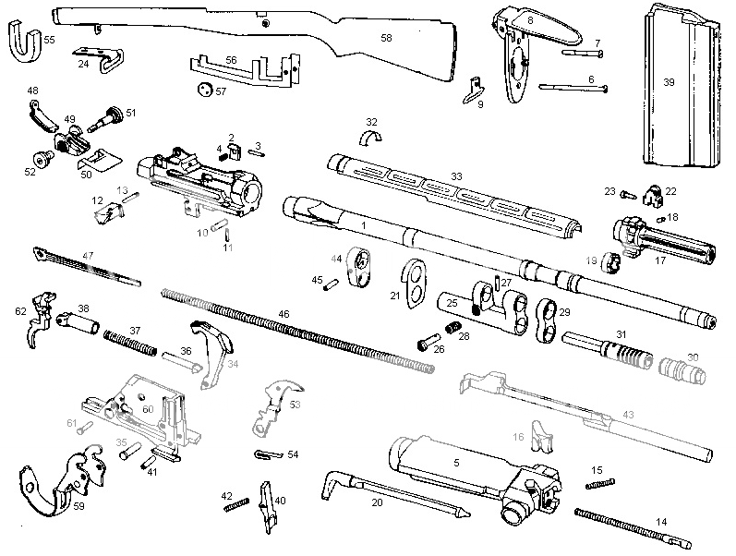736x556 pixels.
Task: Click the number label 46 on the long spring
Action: pos(284,315)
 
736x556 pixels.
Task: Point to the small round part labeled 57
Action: pos(204,91)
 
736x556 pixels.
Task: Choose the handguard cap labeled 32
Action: pos(372,139)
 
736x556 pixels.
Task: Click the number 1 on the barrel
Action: pos(364,225)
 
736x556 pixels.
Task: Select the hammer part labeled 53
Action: pos(273,405)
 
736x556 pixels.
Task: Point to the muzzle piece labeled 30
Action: pos(683,369)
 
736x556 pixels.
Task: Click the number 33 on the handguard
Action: pos(455,175)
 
